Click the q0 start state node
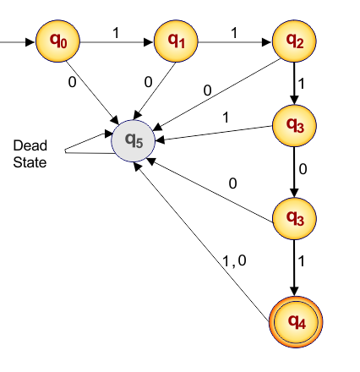57,40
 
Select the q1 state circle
176,40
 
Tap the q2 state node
294,40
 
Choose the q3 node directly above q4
294,217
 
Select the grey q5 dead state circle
134,138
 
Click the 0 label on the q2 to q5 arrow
208,90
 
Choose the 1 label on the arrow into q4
304,262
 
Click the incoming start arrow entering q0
17,40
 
